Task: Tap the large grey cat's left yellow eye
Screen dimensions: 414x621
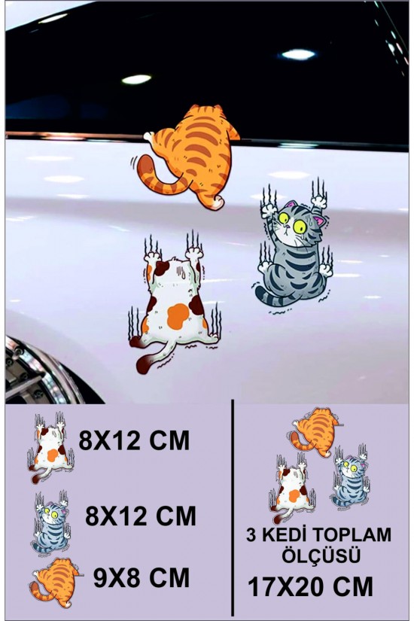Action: coord(284,218)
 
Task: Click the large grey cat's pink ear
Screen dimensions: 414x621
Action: coord(319,220)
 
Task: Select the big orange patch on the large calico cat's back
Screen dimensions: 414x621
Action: coord(178,315)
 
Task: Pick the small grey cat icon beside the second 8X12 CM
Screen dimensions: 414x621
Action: coord(51,522)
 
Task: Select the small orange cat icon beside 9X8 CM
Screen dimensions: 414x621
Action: coord(56,582)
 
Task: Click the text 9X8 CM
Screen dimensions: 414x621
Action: coord(142,578)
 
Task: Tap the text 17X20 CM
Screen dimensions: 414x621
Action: coord(310,586)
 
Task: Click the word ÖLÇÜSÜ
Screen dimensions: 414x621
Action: coord(321,556)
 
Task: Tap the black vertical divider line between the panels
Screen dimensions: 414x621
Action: coord(232,508)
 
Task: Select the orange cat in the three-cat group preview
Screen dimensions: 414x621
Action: coord(315,432)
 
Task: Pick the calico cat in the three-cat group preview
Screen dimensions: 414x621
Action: coord(292,489)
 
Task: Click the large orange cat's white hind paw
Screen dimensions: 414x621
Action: coord(217,203)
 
